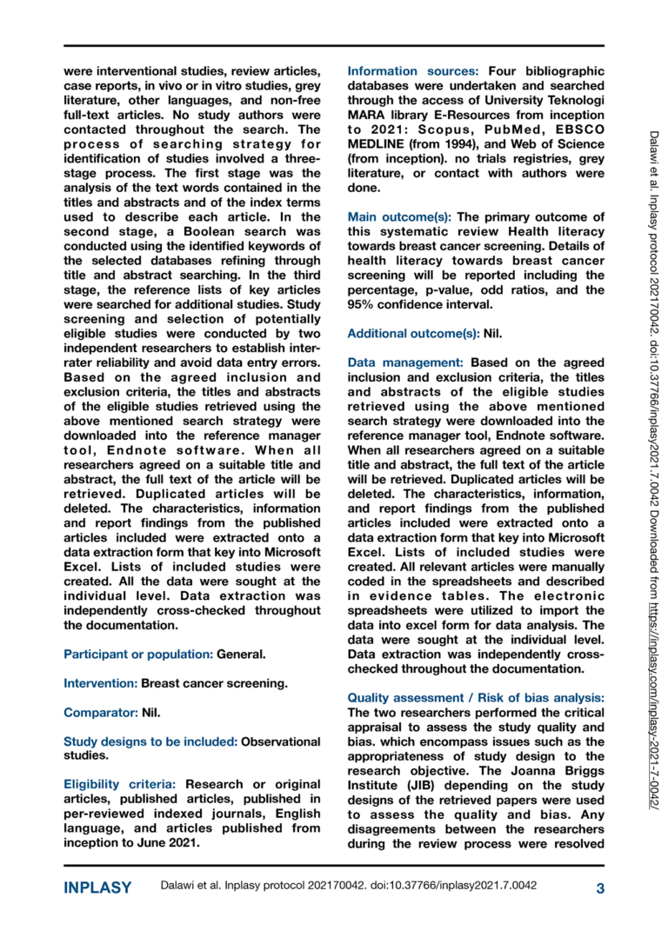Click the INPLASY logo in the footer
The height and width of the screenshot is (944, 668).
click(97, 887)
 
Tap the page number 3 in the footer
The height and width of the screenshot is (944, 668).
click(599, 887)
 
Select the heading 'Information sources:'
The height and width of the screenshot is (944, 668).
click(413, 70)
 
